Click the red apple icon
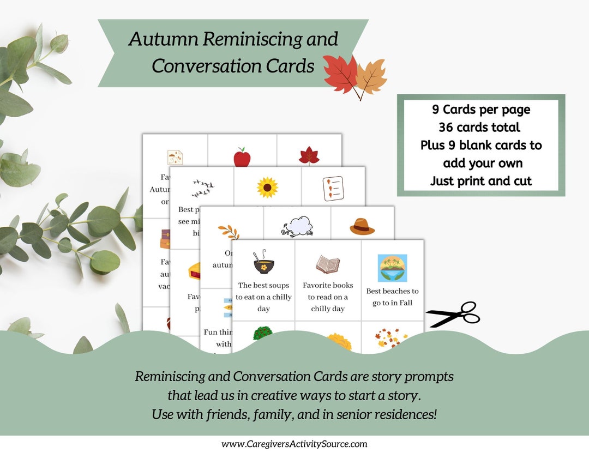click(x=242, y=158)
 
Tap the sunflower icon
click(x=267, y=188)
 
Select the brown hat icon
click(x=362, y=226)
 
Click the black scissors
click(x=453, y=315)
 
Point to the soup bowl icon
click(x=264, y=263)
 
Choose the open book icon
click(x=328, y=264)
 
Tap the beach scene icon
click(x=393, y=268)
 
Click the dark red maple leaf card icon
click(x=309, y=155)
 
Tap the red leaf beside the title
click(x=340, y=75)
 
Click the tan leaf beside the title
click(x=371, y=77)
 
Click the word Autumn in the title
click(x=165, y=40)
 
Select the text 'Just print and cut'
click(x=480, y=181)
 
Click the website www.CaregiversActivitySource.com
click(x=294, y=444)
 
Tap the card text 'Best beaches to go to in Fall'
click(x=393, y=297)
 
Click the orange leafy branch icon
click(x=229, y=231)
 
